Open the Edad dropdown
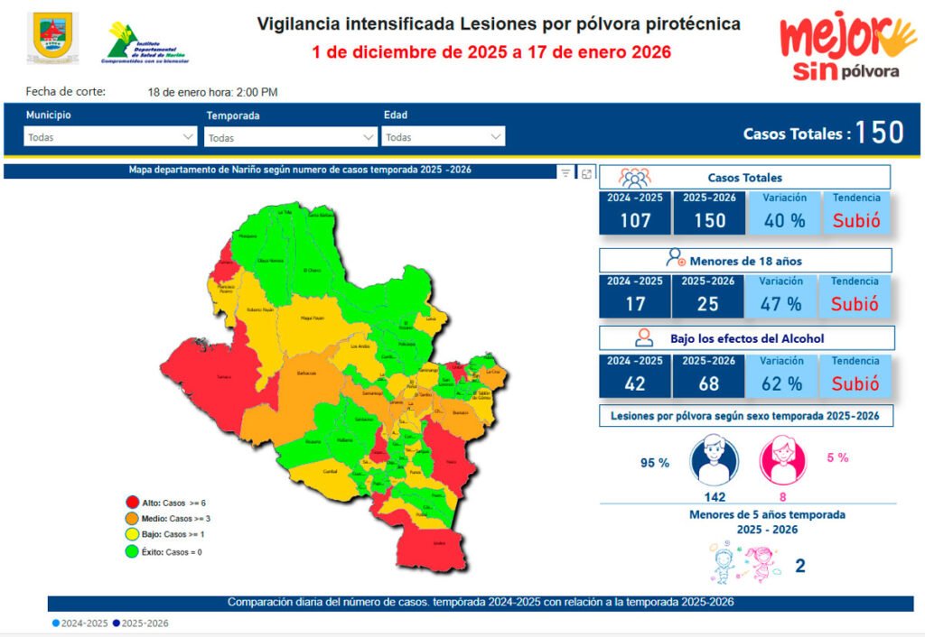point(444,137)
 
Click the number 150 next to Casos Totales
point(879,133)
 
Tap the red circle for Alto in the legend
point(132,503)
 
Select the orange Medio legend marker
point(132,518)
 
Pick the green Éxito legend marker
point(132,550)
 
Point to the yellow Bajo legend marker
point(132,534)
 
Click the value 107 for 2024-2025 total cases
point(634,220)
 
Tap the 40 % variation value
point(783,220)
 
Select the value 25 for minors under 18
point(708,304)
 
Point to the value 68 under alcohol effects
point(708,383)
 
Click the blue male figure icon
point(714,459)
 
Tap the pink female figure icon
point(782,459)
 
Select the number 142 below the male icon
point(714,496)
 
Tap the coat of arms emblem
point(52,38)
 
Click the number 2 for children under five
point(799,566)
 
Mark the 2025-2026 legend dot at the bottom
point(117,623)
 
